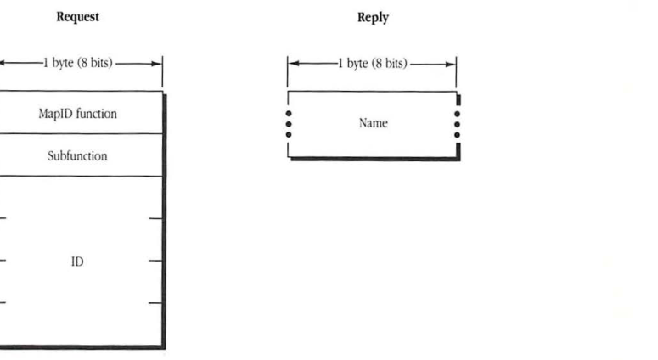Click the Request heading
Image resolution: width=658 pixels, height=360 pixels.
click(x=77, y=17)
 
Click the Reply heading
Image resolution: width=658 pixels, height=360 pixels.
click(x=373, y=17)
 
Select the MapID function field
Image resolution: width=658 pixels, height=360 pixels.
click(x=77, y=113)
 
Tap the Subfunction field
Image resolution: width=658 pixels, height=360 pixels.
click(x=77, y=156)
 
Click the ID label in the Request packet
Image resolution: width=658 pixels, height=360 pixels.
click(x=76, y=262)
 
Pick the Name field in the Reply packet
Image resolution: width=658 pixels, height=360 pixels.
click(x=373, y=123)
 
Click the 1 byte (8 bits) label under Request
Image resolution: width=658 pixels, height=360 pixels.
click(x=77, y=64)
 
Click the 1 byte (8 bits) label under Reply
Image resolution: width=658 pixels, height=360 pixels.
click(x=373, y=64)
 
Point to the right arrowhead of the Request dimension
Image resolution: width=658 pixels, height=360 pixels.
click(x=157, y=64)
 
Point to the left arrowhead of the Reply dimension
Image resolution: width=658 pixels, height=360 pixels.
click(x=293, y=64)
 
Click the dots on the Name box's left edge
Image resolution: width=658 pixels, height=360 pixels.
click(x=289, y=124)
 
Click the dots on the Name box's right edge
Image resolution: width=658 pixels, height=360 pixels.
click(x=458, y=124)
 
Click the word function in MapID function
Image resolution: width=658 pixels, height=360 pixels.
click(x=97, y=113)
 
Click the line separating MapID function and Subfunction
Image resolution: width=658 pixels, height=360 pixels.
click(x=77, y=133)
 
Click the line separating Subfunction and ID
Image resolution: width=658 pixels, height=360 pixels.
click(x=77, y=177)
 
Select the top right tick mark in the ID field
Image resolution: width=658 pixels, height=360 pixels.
click(x=155, y=218)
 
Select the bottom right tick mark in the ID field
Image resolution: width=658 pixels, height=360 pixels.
click(x=155, y=303)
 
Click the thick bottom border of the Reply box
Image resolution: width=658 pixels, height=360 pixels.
click(x=374, y=158)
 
